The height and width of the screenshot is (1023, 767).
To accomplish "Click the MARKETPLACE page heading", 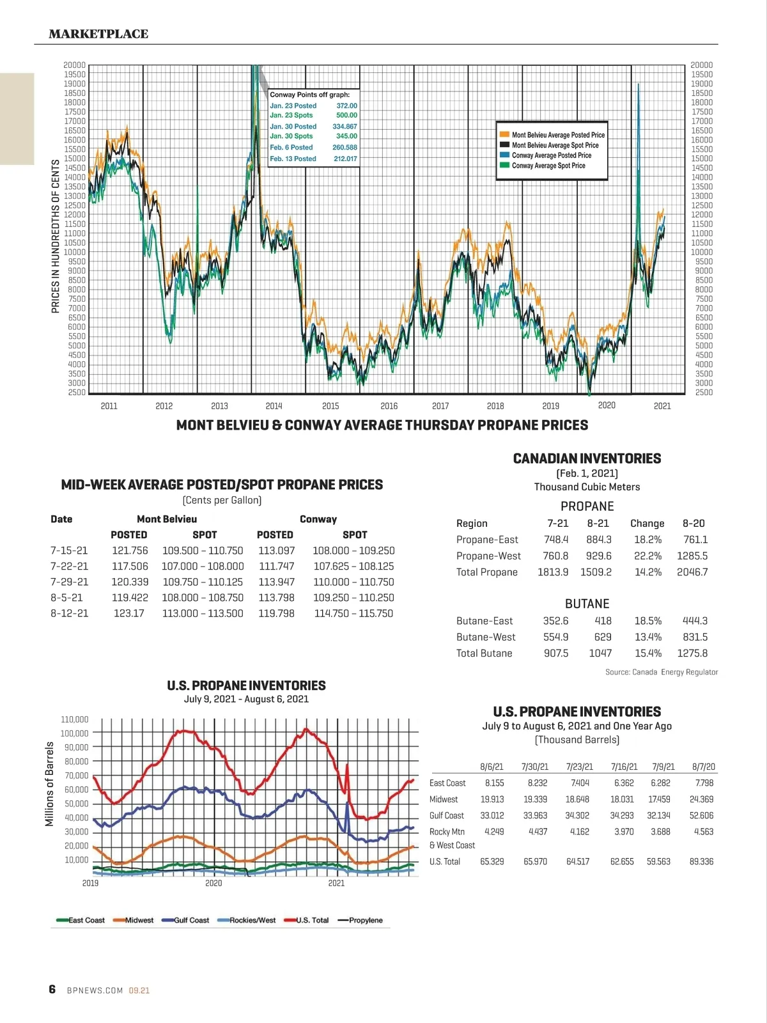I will coord(98,34).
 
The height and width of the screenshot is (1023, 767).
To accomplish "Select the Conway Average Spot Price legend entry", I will coord(548,166).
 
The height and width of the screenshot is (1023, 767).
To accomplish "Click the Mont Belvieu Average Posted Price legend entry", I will coord(557,135).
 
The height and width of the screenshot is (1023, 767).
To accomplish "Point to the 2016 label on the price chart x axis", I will coord(389,406).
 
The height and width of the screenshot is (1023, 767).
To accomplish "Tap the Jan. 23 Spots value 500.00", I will coord(346,116).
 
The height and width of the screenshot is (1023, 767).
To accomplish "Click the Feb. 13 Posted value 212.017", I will coord(345,159).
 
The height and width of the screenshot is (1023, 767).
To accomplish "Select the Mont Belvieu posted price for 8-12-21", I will coord(129,613).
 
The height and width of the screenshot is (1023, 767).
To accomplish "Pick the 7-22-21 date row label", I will coord(69,566).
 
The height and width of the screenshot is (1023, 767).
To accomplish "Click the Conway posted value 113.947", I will coord(276,582).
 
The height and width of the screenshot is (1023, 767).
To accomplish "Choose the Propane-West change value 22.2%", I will coord(647,556).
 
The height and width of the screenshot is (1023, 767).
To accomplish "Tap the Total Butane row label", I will coord(484,653).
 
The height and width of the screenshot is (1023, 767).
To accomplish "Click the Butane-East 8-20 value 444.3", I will coord(695,621).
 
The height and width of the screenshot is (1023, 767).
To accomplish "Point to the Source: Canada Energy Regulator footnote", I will coord(662,672).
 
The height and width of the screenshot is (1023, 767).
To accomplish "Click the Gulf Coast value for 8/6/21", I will coord(492,815).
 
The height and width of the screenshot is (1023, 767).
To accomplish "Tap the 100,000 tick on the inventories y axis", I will coord(75,733).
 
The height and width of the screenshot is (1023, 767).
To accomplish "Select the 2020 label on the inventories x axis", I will coord(213,883).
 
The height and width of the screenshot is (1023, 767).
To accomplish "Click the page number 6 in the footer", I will coord(52,989).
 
